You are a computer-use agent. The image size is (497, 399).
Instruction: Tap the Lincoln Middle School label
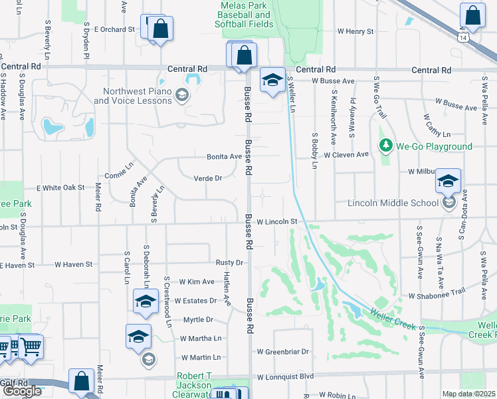point(393,203)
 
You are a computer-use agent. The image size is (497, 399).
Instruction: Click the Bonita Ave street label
point(224,156)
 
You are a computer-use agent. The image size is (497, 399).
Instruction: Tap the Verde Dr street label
point(207,178)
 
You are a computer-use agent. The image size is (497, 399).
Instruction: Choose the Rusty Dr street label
point(230,263)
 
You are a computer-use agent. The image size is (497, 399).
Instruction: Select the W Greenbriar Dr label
point(284,351)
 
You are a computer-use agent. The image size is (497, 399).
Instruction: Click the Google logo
point(22,391)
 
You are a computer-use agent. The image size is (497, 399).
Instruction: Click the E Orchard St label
point(114,29)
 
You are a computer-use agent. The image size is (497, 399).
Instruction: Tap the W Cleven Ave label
point(346,154)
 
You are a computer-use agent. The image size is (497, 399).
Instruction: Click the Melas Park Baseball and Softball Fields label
point(244,15)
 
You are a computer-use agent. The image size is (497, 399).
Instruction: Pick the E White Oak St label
point(60,188)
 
